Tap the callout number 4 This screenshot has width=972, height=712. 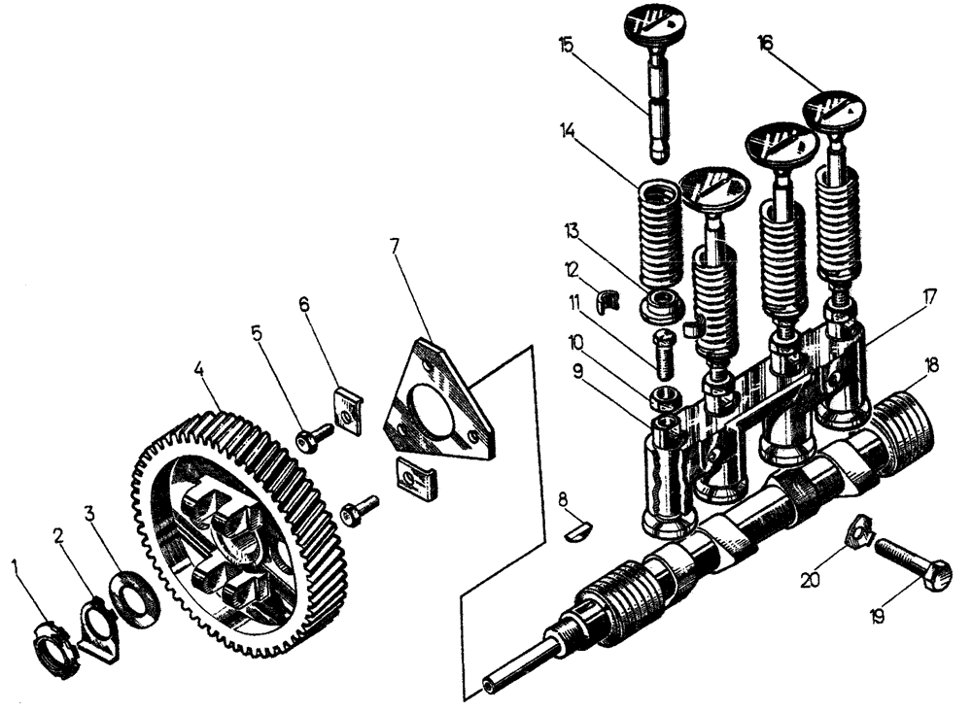pos(198,369)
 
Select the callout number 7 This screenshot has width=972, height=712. pos(395,246)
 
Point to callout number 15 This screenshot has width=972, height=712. pos(567,45)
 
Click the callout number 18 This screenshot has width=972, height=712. pos(933,365)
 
